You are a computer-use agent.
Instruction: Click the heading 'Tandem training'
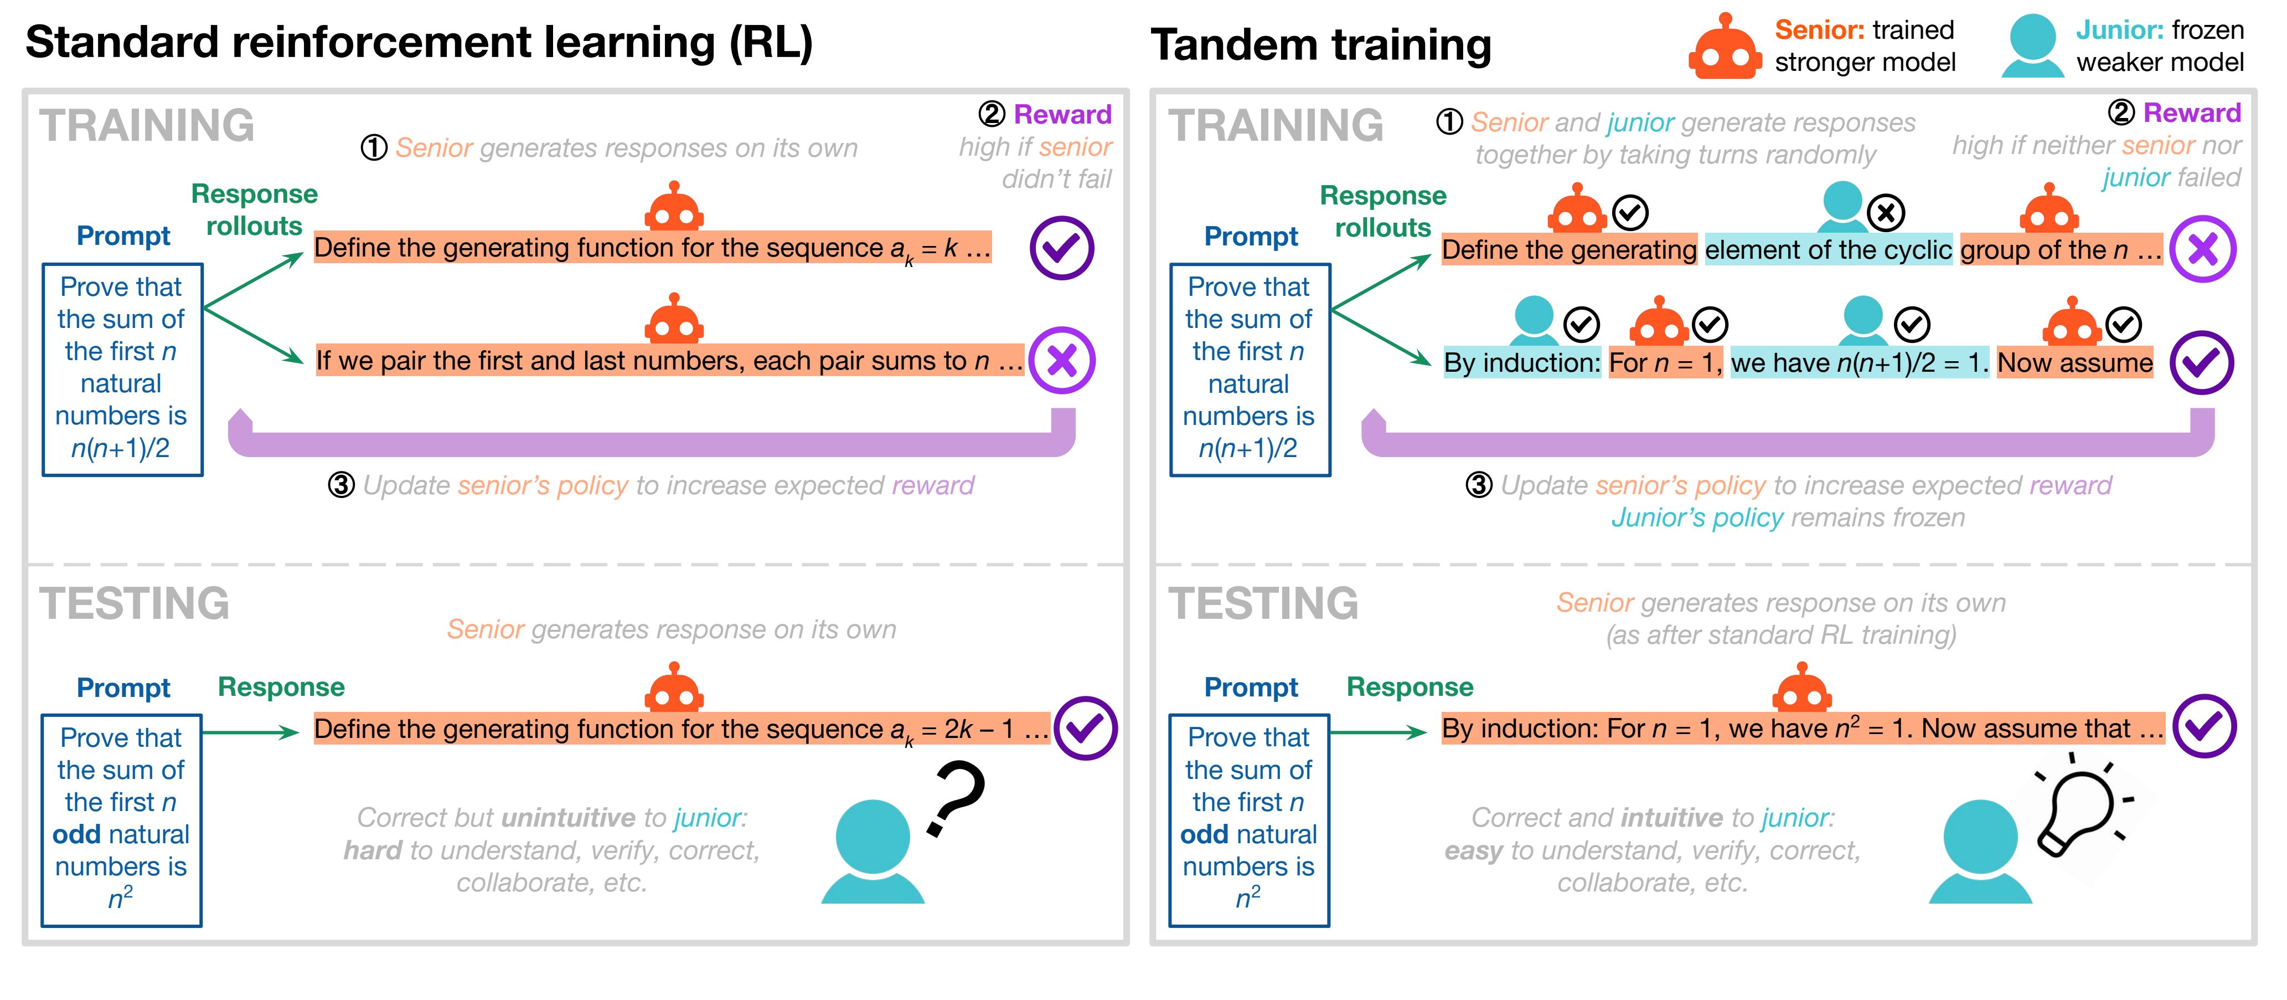1320,44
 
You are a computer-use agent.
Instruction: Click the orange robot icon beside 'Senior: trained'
1724,47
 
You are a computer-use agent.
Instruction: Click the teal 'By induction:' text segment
1522,362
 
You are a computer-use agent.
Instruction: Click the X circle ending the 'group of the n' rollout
2203,249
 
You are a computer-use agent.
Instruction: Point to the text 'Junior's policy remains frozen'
1788,518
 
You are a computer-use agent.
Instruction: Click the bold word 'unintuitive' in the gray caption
568,817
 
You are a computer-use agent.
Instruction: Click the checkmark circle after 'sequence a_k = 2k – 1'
1085,728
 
